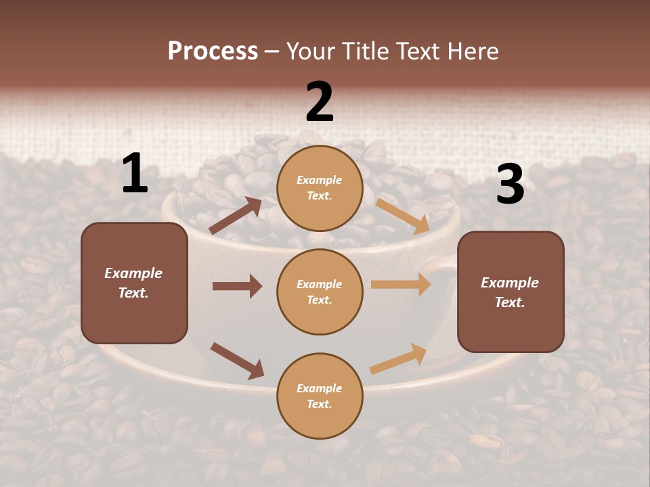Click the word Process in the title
[213, 51]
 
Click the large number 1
[134, 174]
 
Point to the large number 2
[320, 102]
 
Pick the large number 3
[510, 184]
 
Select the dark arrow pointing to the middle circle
[237, 286]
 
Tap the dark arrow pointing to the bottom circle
[237, 361]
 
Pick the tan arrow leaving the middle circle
[401, 285]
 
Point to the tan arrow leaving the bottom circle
[398, 359]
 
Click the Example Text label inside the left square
[133, 283]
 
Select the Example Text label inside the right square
[510, 292]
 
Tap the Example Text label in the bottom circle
[320, 396]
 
